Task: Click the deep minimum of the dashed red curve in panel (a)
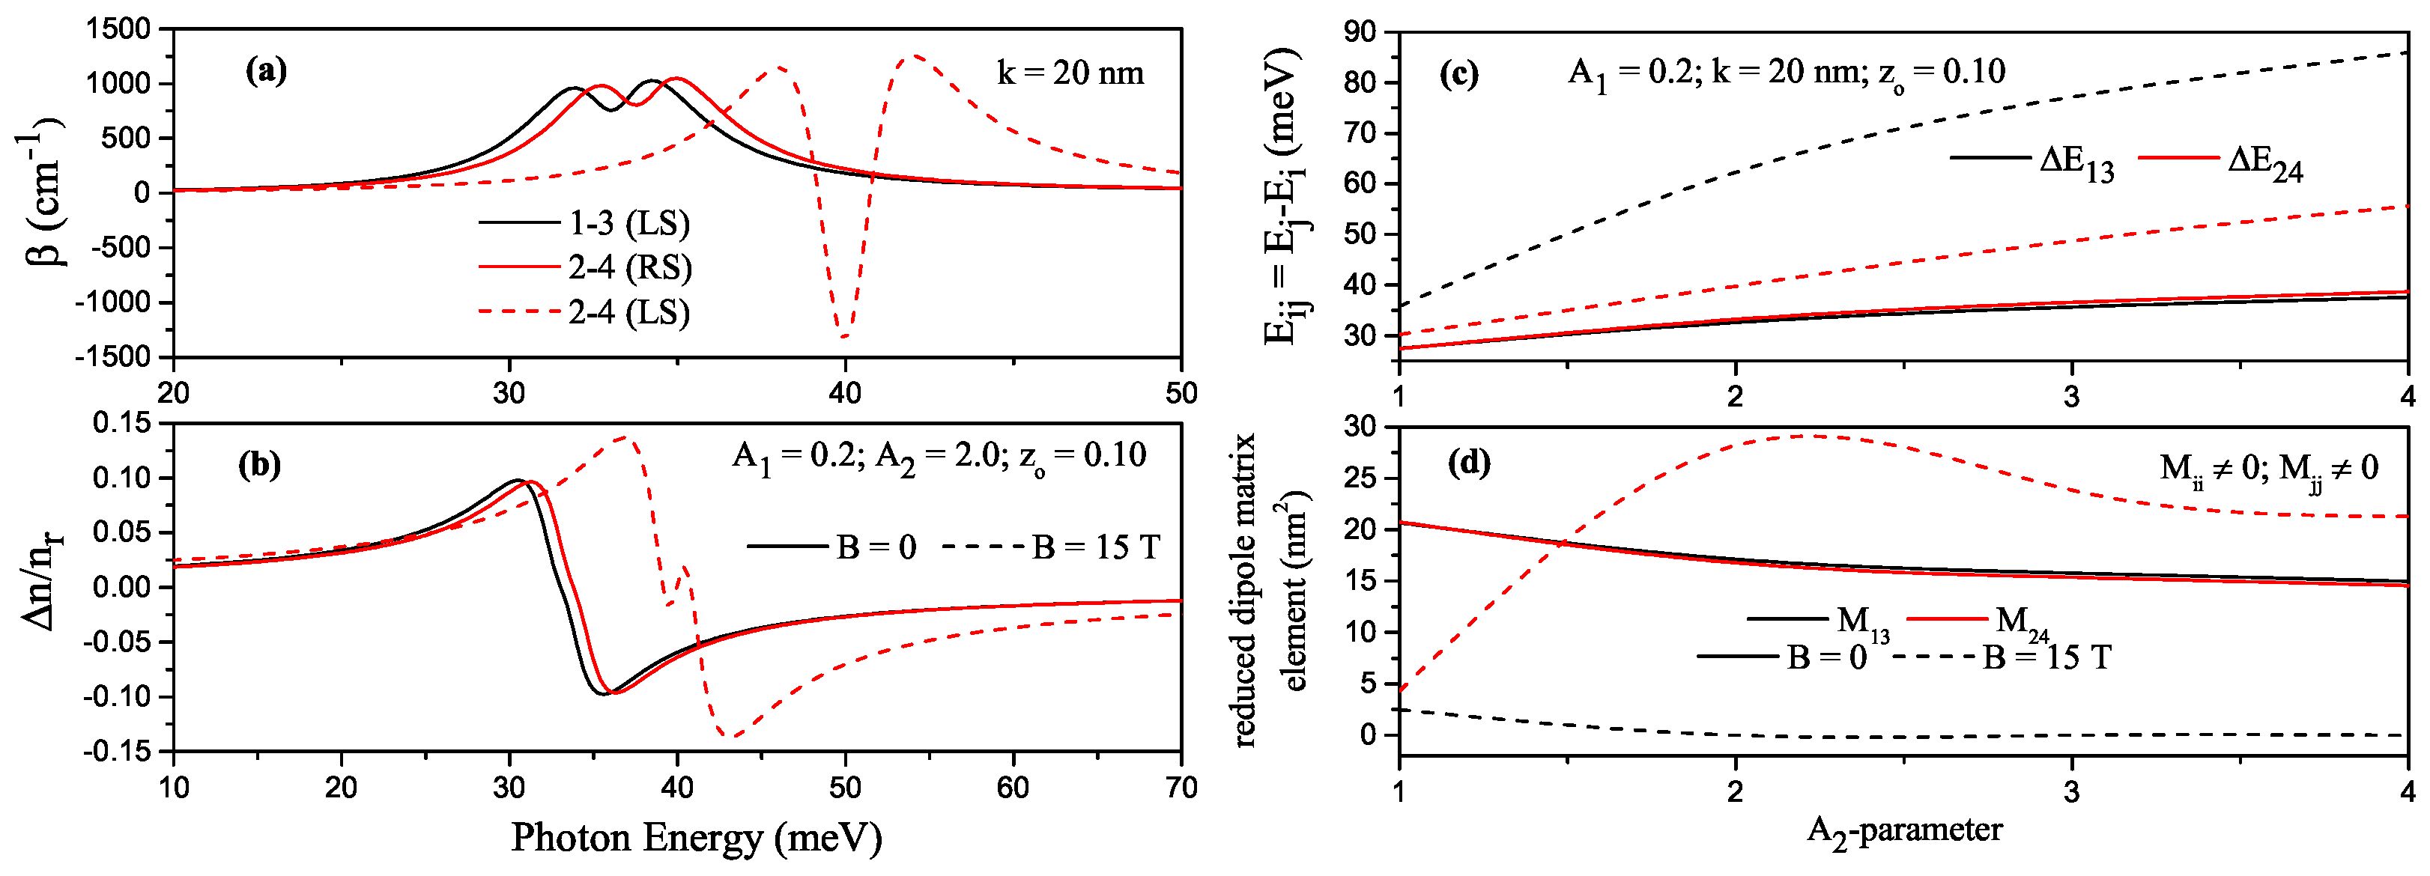[844, 335]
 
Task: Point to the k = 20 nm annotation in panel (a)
[1070, 73]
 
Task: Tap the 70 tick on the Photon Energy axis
[1181, 788]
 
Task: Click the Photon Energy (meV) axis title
[696, 837]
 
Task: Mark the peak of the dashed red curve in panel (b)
[626, 437]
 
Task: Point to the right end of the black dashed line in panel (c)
[2405, 53]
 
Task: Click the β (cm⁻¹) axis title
[43, 193]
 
